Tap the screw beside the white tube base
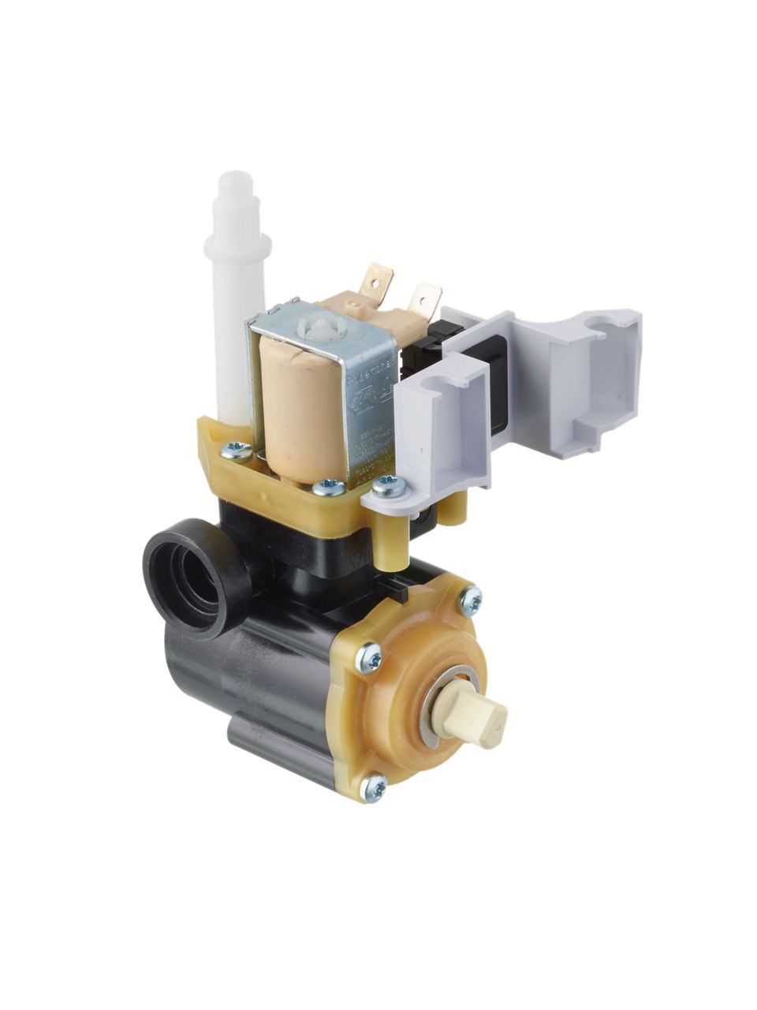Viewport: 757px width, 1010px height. pos(234,452)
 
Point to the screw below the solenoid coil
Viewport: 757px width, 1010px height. pos(326,488)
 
